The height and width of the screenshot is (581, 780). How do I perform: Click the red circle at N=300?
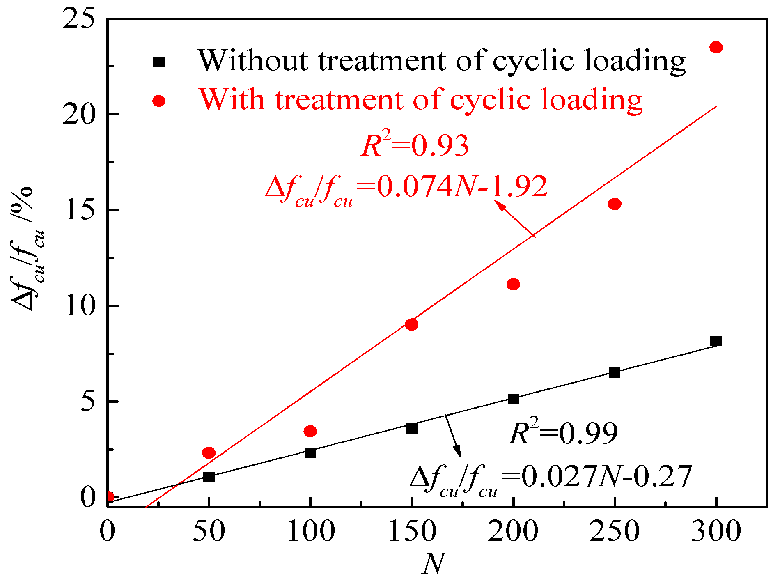tap(716, 47)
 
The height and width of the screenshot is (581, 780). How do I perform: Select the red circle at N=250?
tap(615, 204)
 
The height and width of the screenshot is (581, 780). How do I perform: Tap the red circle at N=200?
tap(513, 284)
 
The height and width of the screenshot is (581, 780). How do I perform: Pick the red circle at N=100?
tap(310, 431)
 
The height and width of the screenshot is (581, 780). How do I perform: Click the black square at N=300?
tap(716, 341)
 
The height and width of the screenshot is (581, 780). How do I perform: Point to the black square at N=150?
tap(412, 428)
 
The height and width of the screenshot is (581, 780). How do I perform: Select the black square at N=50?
tap(209, 477)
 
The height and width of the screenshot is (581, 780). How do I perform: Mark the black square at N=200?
tap(513, 399)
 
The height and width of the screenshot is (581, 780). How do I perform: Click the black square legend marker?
tap(159, 62)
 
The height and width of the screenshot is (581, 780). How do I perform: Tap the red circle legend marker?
tap(159, 101)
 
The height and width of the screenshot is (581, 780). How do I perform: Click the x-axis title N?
tap(433, 564)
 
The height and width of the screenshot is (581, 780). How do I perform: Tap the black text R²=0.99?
tap(563, 433)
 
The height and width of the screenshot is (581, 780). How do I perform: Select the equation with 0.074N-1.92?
tap(406, 189)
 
